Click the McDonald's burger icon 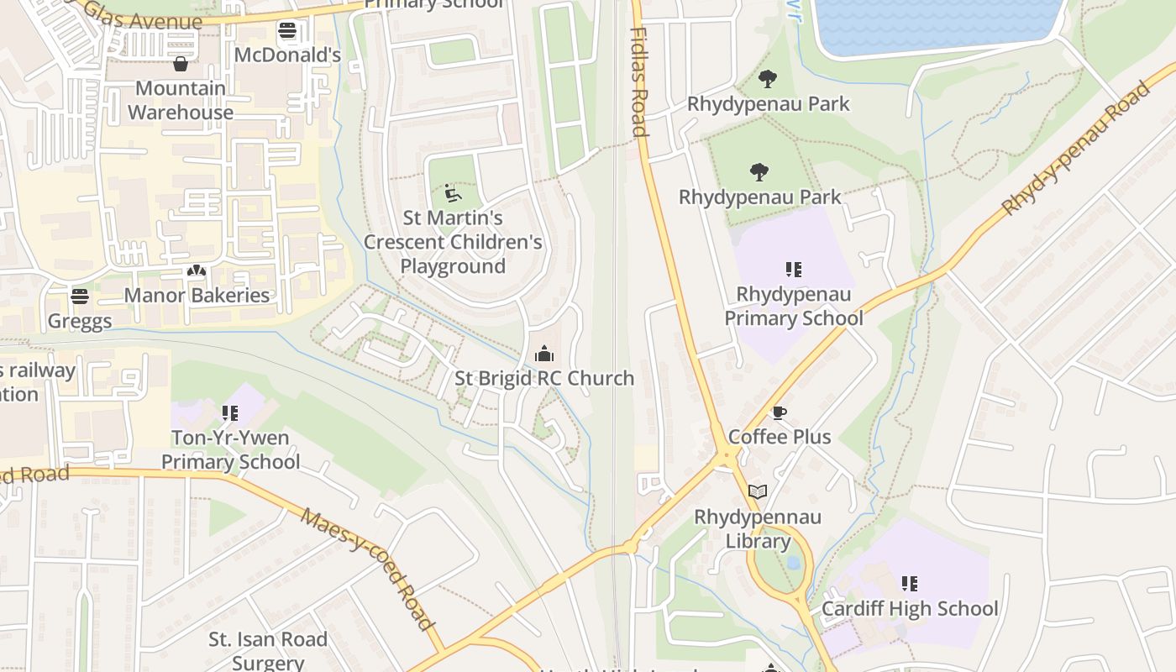(x=287, y=31)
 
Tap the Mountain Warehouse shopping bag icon (x=180, y=64)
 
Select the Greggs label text (x=80, y=321)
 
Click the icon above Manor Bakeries (x=197, y=271)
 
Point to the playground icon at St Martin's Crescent (x=452, y=193)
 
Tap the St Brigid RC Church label (x=544, y=378)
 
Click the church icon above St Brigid (x=544, y=354)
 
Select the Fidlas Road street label (x=638, y=81)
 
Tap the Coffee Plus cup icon (x=780, y=412)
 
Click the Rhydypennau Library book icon (x=758, y=491)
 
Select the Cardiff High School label (x=910, y=608)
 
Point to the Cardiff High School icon (x=909, y=583)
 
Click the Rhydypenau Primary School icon (x=794, y=270)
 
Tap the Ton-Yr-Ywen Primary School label (x=230, y=449)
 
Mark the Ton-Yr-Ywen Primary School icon (x=230, y=412)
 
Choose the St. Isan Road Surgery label (x=268, y=651)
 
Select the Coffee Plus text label (x=780, y=437)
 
